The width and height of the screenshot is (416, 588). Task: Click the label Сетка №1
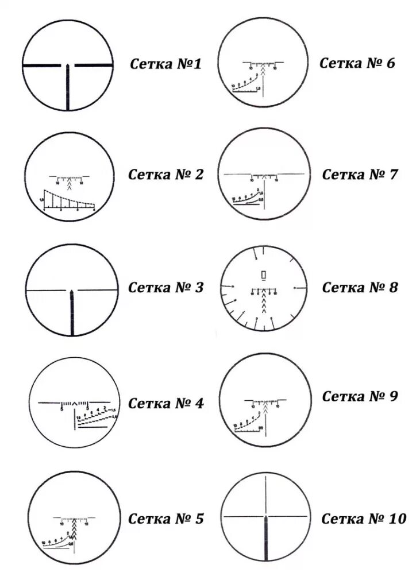tap(165, 64)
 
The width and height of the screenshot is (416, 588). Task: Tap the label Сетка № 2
tap(165, 175)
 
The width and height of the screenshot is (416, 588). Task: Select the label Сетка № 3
tap(165, 287)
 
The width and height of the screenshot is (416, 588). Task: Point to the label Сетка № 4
tap(165, 403)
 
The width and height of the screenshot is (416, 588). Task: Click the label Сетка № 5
tap(165, 519)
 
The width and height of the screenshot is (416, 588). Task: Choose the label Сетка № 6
tap(357, 63)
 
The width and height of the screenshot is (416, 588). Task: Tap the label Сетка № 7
tap(360, 175)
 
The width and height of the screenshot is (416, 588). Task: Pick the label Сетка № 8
tap(360, 287)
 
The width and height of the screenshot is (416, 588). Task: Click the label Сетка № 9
tap(360, 396)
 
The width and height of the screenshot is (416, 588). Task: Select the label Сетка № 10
tap(363, 519)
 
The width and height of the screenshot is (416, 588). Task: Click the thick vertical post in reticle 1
tap(68, 87)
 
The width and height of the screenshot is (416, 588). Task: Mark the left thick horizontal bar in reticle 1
tap(42, 65)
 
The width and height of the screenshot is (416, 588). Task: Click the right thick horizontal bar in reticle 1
tap(93, 65)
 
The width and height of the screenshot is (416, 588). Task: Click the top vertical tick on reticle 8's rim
tap(263, 251)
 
